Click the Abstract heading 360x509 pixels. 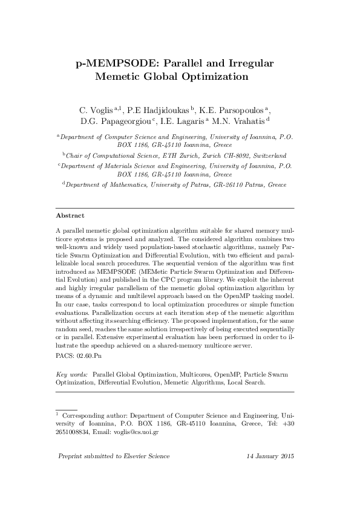click(x=70, y=216)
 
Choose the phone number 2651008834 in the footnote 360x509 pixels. click(x=75, y=433)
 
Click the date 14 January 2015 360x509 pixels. click(x=270, y=456)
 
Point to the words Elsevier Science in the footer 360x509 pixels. click(x=146, y=456)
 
